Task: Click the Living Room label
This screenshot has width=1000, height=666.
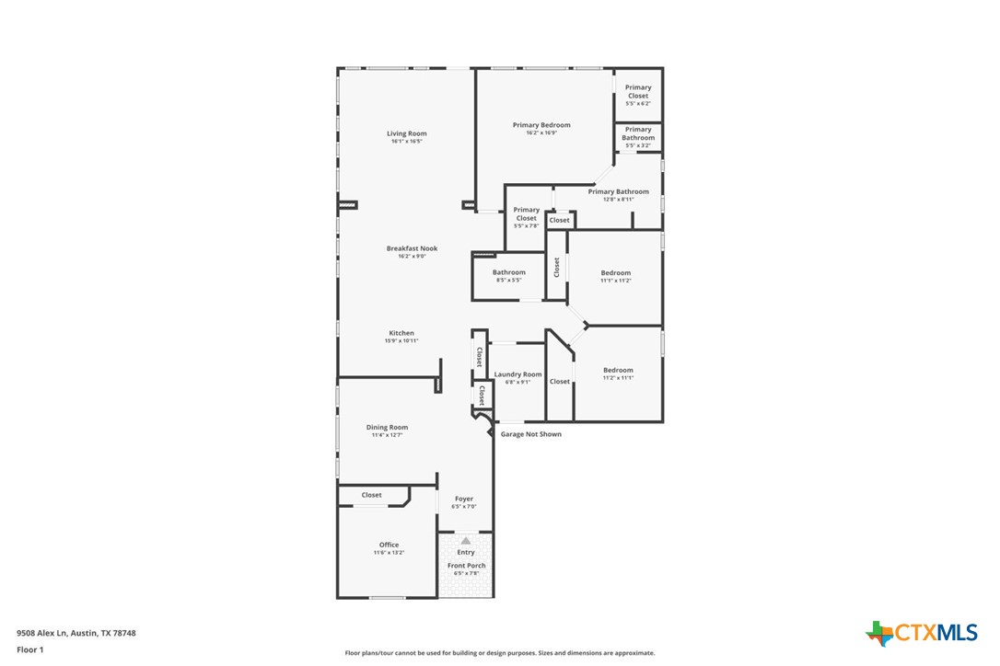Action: pos(406,134)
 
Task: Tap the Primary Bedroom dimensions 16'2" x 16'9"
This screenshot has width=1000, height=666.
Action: pos(541,133)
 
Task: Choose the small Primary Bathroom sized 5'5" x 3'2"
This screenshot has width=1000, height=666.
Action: pos(638,138)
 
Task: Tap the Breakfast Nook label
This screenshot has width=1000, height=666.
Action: pos(412,248)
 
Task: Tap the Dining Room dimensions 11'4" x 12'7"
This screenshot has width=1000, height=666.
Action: pos(387,435)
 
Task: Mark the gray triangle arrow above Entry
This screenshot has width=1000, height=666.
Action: pos(466,541)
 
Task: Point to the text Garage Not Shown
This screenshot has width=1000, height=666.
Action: pos(530,434)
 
